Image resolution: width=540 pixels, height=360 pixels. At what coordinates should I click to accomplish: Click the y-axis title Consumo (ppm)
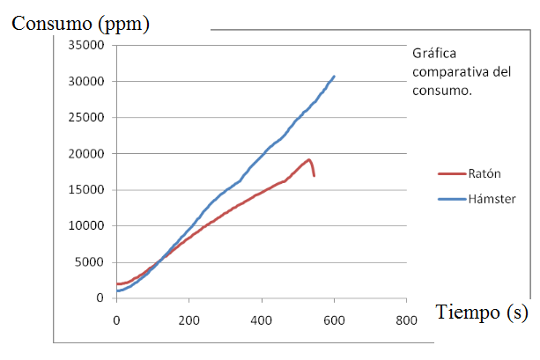[80, 24]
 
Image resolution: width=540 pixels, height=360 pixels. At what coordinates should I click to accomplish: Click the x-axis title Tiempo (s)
[482, 312]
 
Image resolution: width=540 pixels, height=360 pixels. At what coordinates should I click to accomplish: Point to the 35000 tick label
[86, 45]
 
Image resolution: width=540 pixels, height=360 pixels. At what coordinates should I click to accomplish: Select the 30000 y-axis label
[86, 82]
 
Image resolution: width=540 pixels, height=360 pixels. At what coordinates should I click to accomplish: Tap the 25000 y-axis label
[86, 117]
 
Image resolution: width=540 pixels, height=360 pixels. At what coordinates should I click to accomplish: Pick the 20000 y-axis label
[86, 154]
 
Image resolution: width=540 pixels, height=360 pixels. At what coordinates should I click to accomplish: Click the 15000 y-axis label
[86, 189]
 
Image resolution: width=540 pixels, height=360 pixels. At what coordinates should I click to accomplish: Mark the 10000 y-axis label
[86, 226]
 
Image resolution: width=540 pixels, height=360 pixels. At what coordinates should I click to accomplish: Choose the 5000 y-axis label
[89, 262]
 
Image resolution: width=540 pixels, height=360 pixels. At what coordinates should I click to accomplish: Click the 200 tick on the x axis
[189, 320]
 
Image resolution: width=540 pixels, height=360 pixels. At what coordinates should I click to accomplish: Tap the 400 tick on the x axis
[262, 320]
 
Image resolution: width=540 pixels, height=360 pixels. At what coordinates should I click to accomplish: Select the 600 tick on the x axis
[334, 320]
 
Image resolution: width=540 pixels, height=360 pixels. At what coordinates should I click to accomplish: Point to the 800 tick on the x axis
[406, 320]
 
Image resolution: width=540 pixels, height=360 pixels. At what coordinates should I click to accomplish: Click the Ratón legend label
[485, 173]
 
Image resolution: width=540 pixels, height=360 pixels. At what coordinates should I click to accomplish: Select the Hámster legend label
[492, 199]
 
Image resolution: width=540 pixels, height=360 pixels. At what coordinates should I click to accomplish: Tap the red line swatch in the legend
[452, 173]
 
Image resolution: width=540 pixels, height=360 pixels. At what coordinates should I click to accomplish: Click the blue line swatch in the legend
[452, 199]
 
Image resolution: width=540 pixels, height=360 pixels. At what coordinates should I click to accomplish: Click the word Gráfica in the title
[434, 54]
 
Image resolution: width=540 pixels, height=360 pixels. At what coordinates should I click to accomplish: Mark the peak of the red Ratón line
[309, 159]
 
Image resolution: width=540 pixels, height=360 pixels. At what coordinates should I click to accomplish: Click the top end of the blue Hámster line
[334, 76]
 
